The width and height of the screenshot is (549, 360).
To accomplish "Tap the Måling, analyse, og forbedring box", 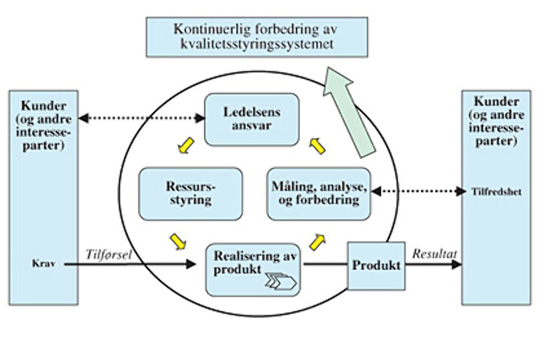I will (x=318, y=193).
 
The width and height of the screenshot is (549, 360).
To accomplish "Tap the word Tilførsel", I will (x=110, y=253).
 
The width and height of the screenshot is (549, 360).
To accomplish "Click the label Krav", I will (x=40, y=264).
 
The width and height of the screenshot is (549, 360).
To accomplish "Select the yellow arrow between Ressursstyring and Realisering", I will (x=177, y=241).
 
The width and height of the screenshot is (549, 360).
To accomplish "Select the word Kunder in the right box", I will (x=496, y=101).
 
